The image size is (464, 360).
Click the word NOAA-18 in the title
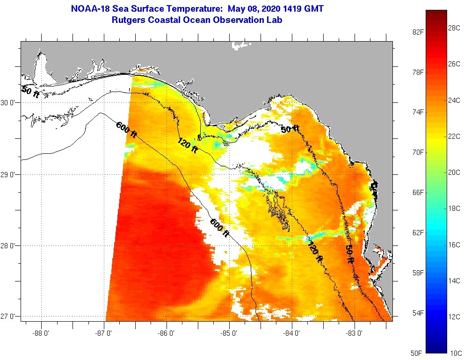(89, 9)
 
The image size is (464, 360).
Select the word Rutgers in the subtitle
(129, 20)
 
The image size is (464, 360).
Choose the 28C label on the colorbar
(454, 28)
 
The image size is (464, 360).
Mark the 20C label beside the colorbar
(454, 172)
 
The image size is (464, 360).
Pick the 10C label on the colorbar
(454, 353)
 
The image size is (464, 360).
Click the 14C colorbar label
(454, 281)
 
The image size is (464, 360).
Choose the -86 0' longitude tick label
(167, 333)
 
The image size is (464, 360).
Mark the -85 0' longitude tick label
(230, 333)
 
